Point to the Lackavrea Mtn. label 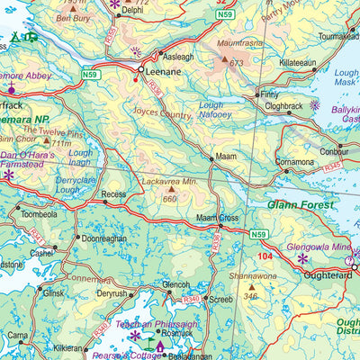point(170,180)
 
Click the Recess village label point(113,194)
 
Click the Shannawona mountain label point(253,276)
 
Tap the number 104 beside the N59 point(263,257)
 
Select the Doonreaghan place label point(103,239)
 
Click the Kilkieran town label point(68,346)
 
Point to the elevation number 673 point(237,63)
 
